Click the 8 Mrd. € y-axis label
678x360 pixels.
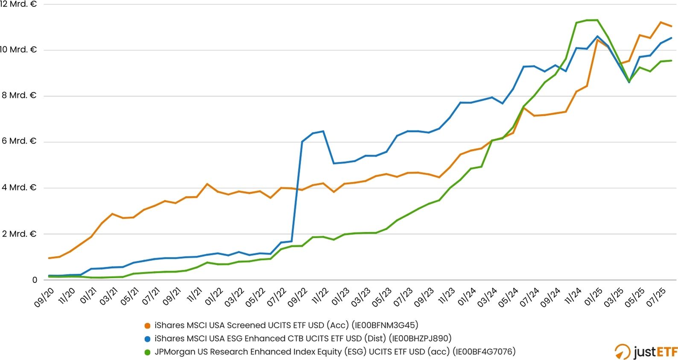(x=18, y=95)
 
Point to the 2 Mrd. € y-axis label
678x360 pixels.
(x=18, y=234)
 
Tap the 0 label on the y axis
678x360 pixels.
(x=35, y=280)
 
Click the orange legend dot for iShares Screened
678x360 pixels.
(x=148, y=326)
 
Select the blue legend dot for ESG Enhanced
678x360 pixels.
(x=148, y=339)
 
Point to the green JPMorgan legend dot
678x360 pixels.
(x=148, y=352)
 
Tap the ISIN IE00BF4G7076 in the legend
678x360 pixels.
(x=484, y=352)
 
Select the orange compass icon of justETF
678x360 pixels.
(x=622, y=352)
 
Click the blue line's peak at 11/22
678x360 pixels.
(x=323, y=131)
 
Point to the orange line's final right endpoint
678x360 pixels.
(x=672, y=26)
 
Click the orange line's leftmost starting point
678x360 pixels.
(x=49, y=258)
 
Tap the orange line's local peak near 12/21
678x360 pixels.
(x=207, y=184)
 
